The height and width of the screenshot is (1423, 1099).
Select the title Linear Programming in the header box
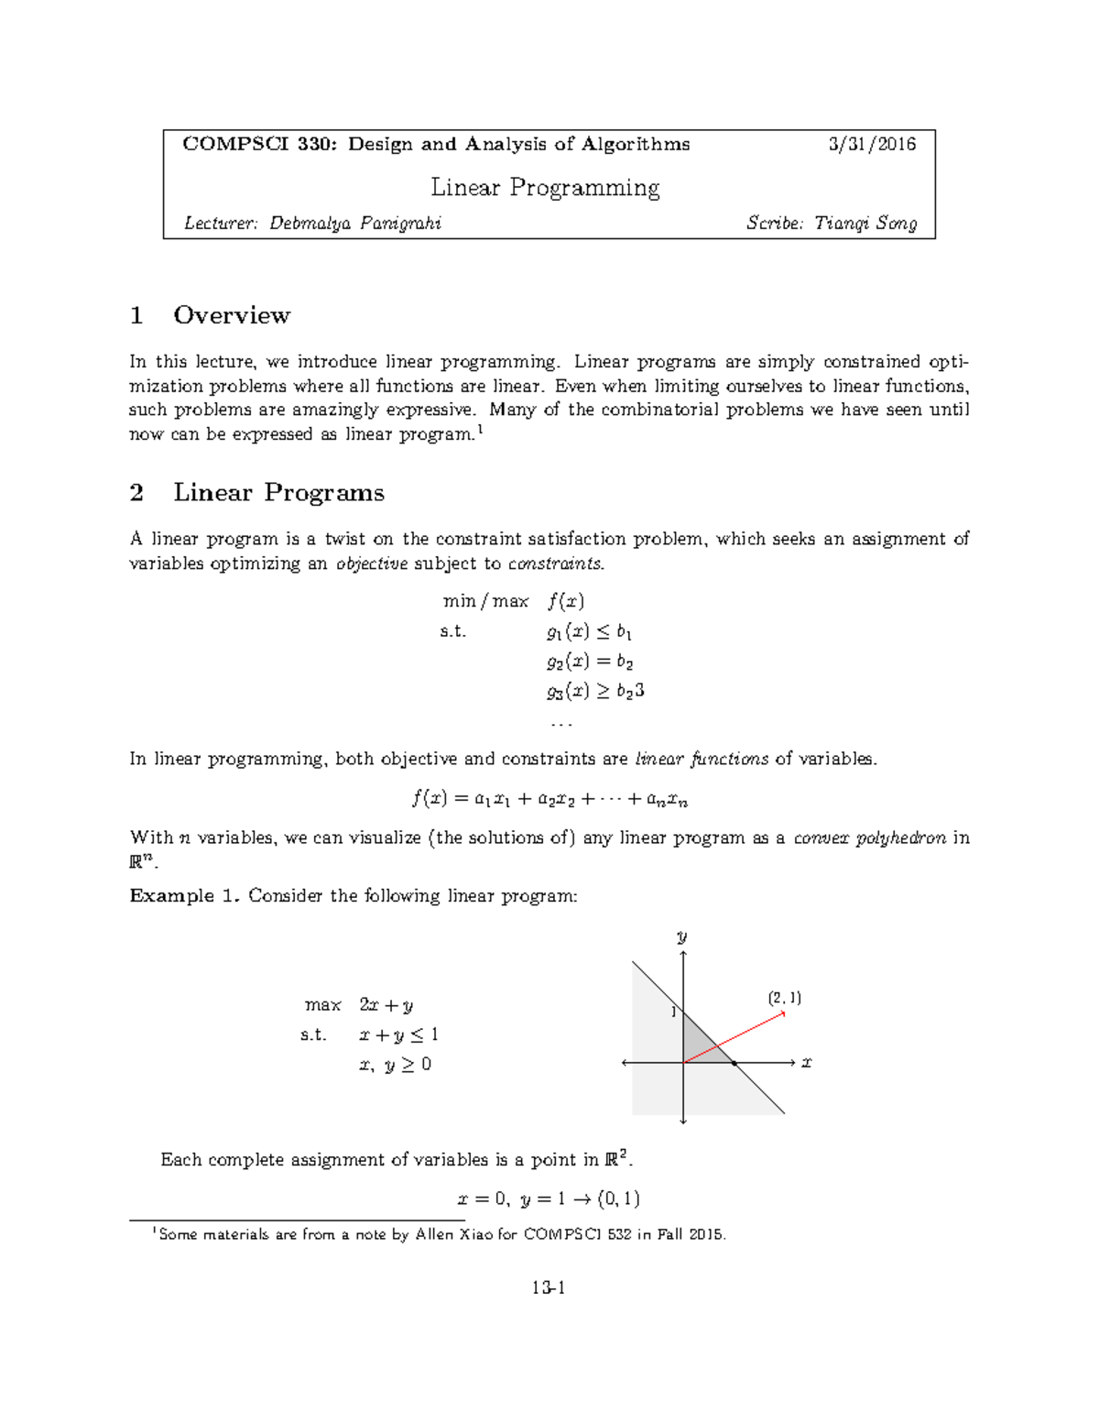(x=545, y=188)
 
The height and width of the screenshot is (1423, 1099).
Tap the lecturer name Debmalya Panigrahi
(x=354, y=224)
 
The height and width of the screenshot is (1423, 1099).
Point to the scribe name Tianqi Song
(x=865, y=224)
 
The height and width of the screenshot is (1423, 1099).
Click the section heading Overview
(x=232, y=315)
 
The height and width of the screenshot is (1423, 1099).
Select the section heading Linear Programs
(x=278, y=493)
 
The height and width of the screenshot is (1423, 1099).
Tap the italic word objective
(x=372, y=564)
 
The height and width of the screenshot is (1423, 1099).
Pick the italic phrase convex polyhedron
(x=869, y=837)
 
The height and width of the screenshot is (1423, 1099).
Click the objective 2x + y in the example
(x=386, y=1005)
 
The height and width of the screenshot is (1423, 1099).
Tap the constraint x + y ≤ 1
(x=398, y=1034)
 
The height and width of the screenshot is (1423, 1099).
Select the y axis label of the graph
(x=681, y=936)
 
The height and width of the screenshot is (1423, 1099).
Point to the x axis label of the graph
(x=807, y=1063)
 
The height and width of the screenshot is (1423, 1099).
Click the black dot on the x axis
(x=734, y=1063)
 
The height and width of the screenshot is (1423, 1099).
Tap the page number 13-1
(x=549, y=1287)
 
